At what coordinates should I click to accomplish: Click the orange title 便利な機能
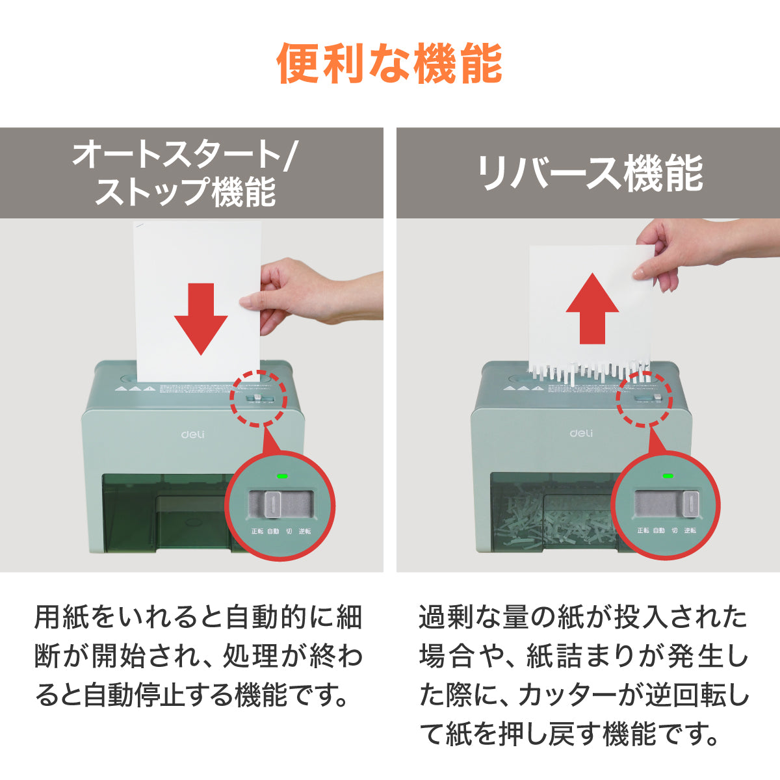[x=390, y=64]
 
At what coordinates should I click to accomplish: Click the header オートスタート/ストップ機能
[x=185, y=174]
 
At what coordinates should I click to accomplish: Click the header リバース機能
[x=589, y=174]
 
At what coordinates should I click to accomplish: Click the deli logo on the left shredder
[x=192, y=434]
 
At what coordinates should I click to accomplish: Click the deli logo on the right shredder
[x=581, y=433]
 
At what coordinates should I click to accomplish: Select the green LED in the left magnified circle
[x=282, y=476]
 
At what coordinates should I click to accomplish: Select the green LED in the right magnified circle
[x=667, y=476]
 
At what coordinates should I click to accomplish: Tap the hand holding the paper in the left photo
[x=286, y=292]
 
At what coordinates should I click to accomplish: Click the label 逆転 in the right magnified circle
[x=690, y=530]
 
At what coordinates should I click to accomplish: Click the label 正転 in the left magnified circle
[x=257, y=531]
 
